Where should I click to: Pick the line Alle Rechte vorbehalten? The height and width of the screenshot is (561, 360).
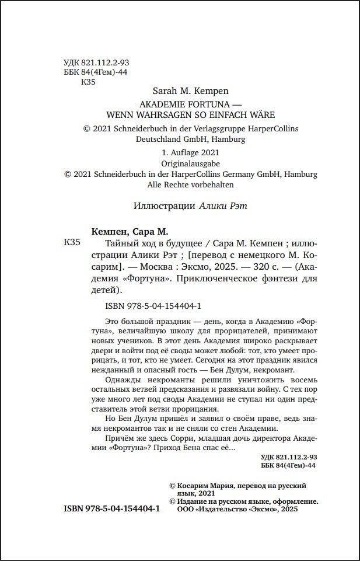click(190, 184)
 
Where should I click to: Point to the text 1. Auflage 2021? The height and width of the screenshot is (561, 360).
click(190, 152)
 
